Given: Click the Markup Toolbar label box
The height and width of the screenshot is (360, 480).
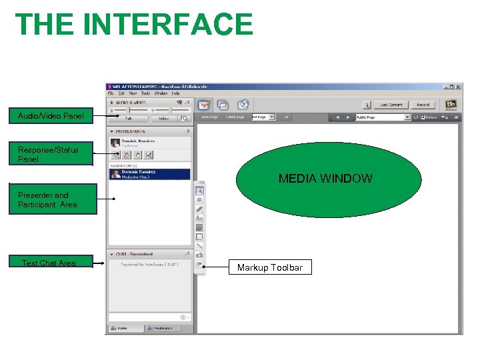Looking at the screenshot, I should click(270, 268).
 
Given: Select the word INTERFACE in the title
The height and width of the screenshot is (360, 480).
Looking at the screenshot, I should click(171, 24).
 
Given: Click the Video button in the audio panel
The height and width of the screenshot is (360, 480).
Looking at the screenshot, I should click(164, 119).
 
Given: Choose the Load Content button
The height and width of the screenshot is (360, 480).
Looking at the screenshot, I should click(391, 105).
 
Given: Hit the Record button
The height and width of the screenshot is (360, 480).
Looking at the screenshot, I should click(423, 105).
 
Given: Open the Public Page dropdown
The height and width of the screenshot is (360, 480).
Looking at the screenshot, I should click(382, 117).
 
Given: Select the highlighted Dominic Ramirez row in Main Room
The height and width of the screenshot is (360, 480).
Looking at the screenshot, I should click(149, 174).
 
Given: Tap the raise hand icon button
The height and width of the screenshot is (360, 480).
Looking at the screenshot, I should click(138, 155).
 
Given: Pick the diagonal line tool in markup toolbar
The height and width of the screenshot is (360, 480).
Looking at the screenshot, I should click(199, 246).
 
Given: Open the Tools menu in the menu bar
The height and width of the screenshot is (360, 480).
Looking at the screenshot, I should click(145, 93).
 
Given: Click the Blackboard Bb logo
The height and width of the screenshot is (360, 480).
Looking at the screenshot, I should click(451, 105).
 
